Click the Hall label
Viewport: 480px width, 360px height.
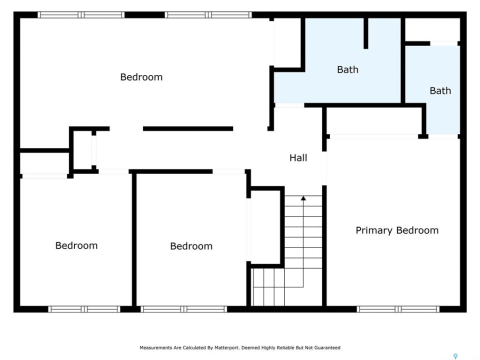298,157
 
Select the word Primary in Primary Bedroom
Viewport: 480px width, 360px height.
373,230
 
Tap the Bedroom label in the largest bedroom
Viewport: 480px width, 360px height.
141,77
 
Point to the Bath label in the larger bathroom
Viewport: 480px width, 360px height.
347,69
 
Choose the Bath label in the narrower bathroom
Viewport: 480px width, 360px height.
440,90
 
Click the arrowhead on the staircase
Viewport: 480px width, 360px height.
303,198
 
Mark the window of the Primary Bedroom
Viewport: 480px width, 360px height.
398,309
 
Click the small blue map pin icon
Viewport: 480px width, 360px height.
455,356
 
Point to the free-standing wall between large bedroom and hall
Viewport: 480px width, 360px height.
188,129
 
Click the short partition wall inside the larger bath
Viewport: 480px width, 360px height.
366,33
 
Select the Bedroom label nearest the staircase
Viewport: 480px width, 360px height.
191,246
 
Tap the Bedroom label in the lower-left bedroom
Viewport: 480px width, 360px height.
76,245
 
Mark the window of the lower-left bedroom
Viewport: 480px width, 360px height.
84,309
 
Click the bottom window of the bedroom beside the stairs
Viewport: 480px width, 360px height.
183,309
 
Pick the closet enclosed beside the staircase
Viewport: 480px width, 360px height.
265,227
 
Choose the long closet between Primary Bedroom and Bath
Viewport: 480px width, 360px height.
374,120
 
